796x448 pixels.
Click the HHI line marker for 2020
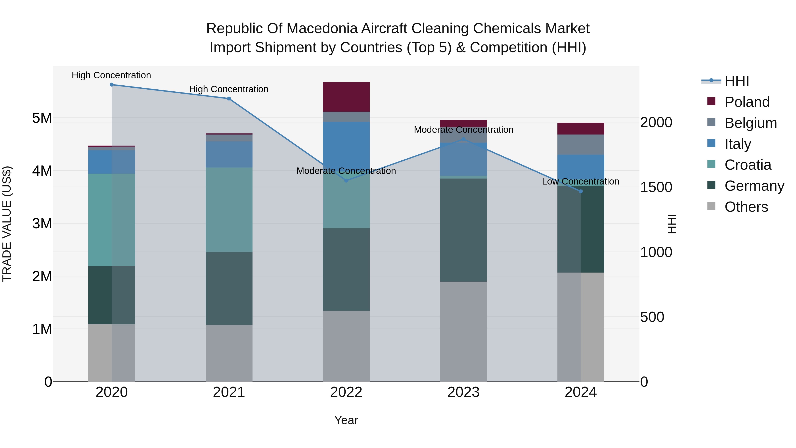[112, 85]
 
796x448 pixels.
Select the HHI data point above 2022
[346, 181]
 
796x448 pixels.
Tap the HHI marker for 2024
[581, 191]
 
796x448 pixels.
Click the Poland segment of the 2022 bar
[346, 97]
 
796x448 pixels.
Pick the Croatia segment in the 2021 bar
[229, 210]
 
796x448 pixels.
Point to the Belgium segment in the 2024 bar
[581, 144]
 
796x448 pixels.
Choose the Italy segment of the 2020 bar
[112, 162]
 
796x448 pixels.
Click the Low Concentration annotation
[580, 181]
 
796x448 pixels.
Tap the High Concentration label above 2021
[229, 89]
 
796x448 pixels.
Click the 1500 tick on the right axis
[656, 187]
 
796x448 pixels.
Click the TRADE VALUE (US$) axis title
[7, 224]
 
